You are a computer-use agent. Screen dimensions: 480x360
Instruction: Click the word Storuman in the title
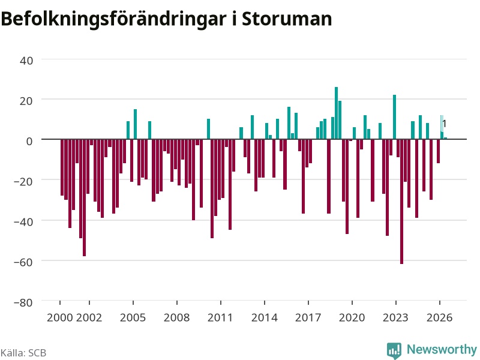tap(287, 19)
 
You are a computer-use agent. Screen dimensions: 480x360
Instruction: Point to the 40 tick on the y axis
tap(26, 61)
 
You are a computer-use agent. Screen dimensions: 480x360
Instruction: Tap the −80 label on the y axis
tap(23, 302)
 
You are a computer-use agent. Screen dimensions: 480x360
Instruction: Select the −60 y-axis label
tap(23, 262)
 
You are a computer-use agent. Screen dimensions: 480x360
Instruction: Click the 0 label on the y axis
tap(29, 141)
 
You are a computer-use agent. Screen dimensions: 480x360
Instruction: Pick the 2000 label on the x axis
tap(59, 317)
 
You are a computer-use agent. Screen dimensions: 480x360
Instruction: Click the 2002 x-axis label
tap(89, 317)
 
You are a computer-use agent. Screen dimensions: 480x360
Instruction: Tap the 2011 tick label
tap(220, 317)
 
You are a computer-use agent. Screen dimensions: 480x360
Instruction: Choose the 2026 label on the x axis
tap(440, 317)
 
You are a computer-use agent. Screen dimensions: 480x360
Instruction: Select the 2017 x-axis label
tap(308, 317)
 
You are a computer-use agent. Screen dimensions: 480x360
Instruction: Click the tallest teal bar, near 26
tap(336, 113)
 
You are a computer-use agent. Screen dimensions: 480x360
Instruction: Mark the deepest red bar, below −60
tap(401, 202)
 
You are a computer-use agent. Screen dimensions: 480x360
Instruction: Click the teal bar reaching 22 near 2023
tap(394, 117)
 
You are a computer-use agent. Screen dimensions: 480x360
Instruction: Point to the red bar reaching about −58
tap(84, 197)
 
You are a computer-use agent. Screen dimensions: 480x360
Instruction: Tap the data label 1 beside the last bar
tap(445, 124)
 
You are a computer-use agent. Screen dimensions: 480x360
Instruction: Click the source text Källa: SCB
tap(23, 353)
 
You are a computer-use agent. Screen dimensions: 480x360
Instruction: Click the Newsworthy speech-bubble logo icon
tap(394, 350)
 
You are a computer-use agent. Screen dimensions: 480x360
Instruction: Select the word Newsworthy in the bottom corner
tap(442, 349)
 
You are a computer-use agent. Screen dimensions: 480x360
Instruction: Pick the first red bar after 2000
tap(62, 167)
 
